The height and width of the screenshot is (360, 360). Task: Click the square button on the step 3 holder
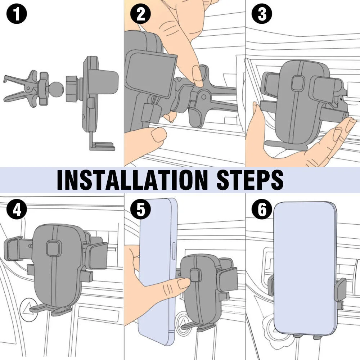coord(298,83)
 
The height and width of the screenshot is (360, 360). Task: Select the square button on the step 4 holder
coord(53,248)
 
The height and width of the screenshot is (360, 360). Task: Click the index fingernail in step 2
coord(197,76)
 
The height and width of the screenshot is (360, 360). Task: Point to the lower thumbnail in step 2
coord(159,135)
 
